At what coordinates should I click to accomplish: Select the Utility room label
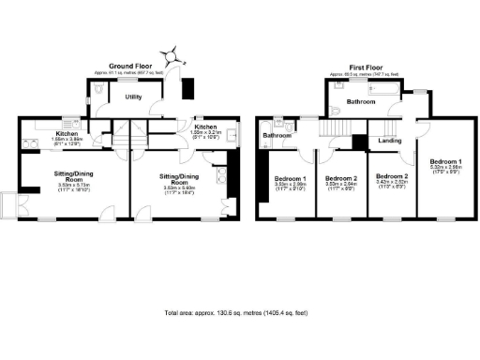tap(134, 97)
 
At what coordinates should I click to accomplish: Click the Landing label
tap(389, 142)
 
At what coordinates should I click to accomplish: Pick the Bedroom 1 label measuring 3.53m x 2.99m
tap(290, 182)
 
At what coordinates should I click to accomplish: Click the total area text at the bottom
tap(240, 311)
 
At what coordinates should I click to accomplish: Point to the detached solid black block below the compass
tap(187, 87)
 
